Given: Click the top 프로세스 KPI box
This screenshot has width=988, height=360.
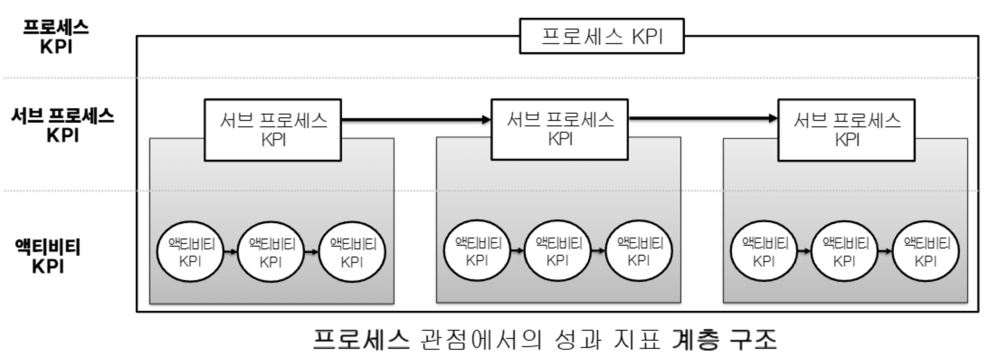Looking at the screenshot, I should click(x=601, y=36).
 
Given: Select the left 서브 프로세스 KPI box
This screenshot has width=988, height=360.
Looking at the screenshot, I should click(x=273, y=130).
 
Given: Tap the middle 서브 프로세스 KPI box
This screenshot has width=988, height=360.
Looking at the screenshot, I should click(x=559, y=130).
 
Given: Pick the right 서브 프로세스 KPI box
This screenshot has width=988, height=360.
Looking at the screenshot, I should click(x=846, y=130).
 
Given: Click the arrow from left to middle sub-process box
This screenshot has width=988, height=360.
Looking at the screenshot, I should click(x=416, y=119).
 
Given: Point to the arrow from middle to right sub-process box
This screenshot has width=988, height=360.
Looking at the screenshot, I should click(x=703, y=119).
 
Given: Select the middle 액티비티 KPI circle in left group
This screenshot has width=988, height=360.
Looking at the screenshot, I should click(x=271, y=252).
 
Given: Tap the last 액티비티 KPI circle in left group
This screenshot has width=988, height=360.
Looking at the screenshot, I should click(x=352, y=252).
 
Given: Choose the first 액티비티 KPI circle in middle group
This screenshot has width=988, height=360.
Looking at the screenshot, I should click(x=477, y=251).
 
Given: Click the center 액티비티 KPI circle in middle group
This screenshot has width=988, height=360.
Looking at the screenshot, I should click(x=557, y=251).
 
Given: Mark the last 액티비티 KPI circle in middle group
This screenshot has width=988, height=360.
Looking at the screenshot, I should click(x=638, y=251).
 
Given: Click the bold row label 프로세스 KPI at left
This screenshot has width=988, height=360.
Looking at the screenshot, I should click(x=56, y=36).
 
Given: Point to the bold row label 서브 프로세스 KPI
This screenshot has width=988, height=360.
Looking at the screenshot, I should click(x=63, y=125).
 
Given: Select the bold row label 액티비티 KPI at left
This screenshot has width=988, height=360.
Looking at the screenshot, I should click(x=48, y=256).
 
